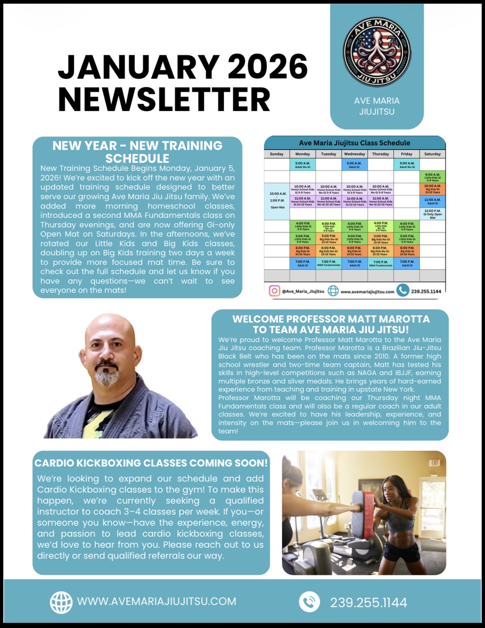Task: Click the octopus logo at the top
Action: click(377, 52)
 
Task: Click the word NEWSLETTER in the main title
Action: click(164, 100)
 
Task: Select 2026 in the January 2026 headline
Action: click(267, 67)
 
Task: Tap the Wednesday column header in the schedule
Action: click(355, 154)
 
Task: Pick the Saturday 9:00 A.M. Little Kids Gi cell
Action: click(432, 177)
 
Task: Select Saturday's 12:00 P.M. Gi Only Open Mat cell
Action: click(432, 214)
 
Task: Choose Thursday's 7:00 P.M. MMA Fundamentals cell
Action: click(380, 263)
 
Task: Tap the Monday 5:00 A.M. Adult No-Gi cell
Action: click(302, 165)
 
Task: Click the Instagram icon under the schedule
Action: click(274, 291)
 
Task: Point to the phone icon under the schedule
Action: click(403, 290)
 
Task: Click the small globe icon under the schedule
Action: click(333, 291)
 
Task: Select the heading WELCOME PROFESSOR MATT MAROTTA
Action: click(331, 319)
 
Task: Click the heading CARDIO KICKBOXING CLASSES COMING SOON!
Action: click(151, 463)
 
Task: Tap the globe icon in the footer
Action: click(61, 602)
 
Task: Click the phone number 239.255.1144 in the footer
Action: click(369, 603)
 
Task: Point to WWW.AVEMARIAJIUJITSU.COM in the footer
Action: click(157, 602)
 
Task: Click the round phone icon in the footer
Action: click(309, 602)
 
